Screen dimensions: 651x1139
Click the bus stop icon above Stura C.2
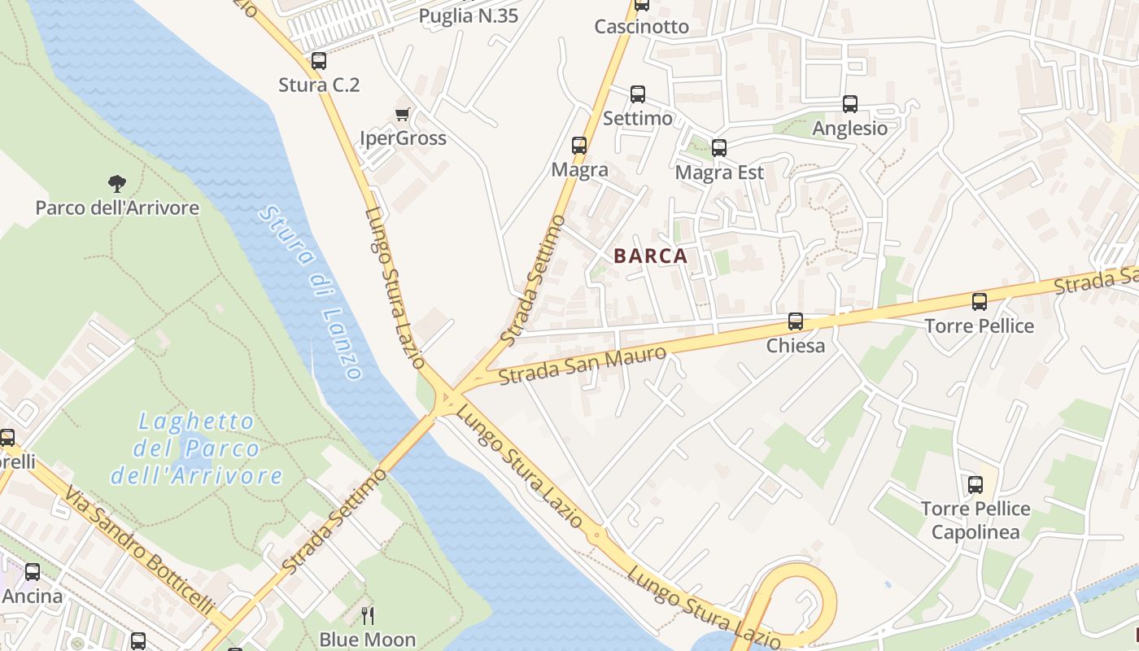click(x=319, y=61)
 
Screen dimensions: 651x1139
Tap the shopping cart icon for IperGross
click(x=402, y=114)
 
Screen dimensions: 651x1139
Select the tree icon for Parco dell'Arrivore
click(x=117, y=184)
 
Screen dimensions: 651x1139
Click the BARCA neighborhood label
click(x=651, y=256)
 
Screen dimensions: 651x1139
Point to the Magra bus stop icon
click(x=579, y=146)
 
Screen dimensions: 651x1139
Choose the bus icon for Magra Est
click(x=719, y=148)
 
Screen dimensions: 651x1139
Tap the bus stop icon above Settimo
click(x=638, y=94)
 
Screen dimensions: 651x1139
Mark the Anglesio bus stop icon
click(x=850, y=104)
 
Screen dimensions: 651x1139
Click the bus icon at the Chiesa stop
click(x=796, y=321)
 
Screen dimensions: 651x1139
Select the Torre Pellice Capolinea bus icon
click(x=975, y=485)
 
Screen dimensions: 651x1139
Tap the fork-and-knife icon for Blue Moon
click(x=368, y=615)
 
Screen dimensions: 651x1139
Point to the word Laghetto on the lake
click(x=196, y=422)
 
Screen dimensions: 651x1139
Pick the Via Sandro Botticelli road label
click(x=139, y=550)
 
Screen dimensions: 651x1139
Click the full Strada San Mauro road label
click(x=583, y=365)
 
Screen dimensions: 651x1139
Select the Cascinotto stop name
click(x=642, y=27)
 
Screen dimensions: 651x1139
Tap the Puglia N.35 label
click(x=469, y=15)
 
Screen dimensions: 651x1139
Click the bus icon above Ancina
click(x=33, y=572)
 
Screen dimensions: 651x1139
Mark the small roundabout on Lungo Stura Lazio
click(x=598, y=535)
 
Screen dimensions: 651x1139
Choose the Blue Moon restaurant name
click(x=368, y=640)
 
